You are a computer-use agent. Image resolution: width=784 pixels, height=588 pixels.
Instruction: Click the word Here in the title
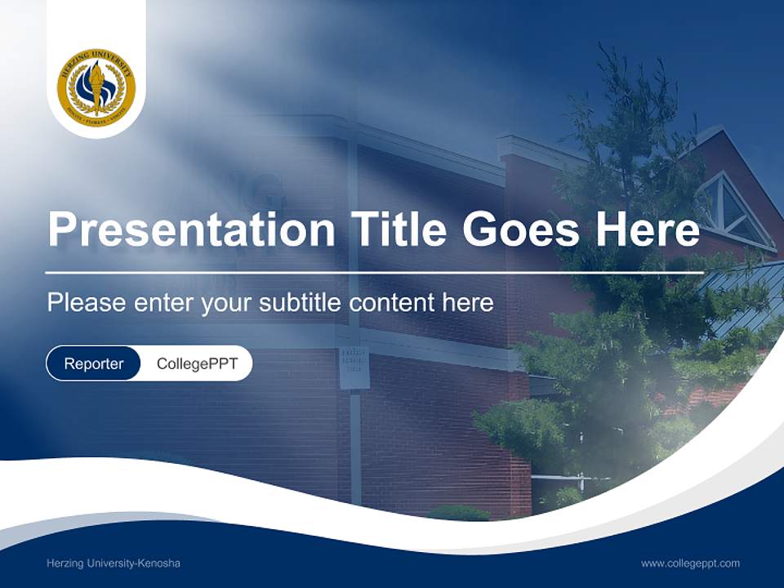648,229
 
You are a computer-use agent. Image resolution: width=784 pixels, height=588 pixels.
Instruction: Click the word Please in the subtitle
86,303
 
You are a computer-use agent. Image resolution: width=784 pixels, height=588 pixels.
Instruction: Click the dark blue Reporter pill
93,363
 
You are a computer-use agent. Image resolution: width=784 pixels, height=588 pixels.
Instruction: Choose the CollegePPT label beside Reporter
197,363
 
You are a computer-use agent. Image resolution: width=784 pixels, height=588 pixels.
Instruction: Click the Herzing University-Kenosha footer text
114,563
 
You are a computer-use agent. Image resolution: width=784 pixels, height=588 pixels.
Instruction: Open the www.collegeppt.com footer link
690,563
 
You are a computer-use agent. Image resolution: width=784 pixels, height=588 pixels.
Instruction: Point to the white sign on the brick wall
354,367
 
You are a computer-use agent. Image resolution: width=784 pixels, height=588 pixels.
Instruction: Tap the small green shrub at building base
459,513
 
